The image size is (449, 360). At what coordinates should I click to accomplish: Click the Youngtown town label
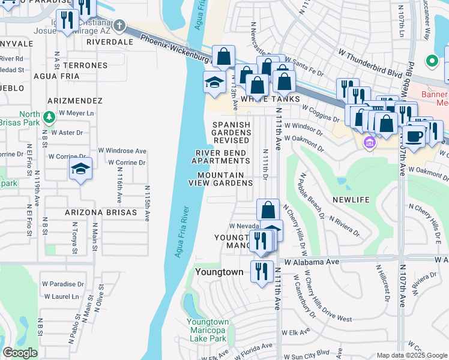coord(220,272)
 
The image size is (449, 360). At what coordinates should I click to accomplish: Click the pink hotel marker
coord(369,142)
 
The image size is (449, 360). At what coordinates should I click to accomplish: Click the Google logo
coord(20,353)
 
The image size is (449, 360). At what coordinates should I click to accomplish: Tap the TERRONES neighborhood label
coord(88,65)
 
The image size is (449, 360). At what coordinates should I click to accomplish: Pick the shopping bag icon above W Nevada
coord(268,210)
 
